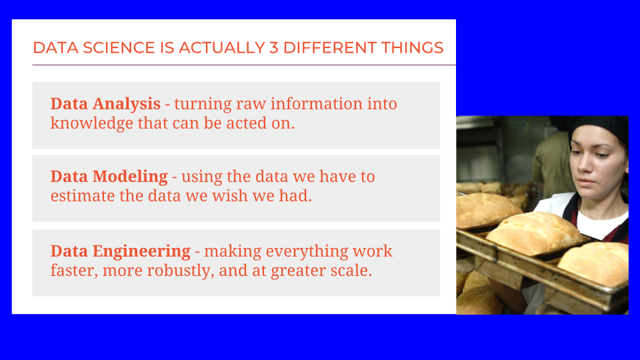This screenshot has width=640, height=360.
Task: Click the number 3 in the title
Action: [x=273, y=48]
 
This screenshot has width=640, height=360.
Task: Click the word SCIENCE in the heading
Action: [x=119, y=48]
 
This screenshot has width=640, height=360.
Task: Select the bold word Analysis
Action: [x=127, y=105]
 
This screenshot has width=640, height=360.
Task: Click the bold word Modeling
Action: [x=130, y=177]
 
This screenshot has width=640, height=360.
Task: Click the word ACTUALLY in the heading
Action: [x=221, y=48]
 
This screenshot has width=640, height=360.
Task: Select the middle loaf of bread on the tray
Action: [x=535, y=233]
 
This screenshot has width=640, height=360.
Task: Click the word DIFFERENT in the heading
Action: [x=330, y=48]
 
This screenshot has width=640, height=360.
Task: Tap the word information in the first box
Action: [x=316, y=105]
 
